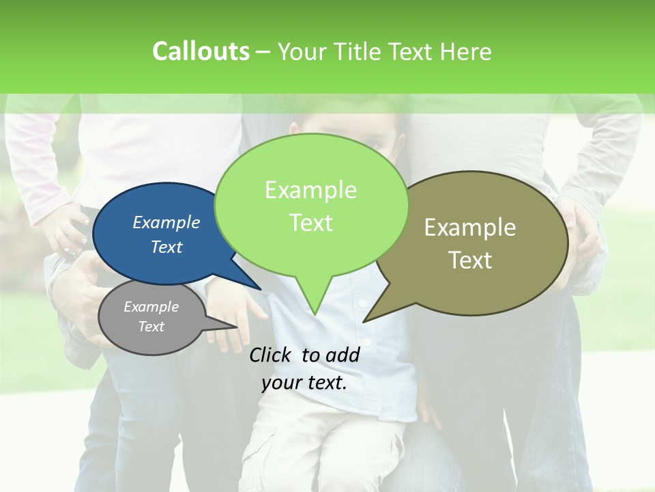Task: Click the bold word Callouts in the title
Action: click(201, 51)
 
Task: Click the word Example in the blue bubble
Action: click(166, 222)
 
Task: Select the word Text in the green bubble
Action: click(311, 223)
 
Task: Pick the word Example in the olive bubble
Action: click(470, 228)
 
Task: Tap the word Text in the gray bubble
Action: click(151, 327)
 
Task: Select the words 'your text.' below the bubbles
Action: click(304, 383)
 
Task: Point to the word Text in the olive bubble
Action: click(471, 260)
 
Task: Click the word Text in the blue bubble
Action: click(166, 247)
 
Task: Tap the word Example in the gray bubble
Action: click(151, 307)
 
